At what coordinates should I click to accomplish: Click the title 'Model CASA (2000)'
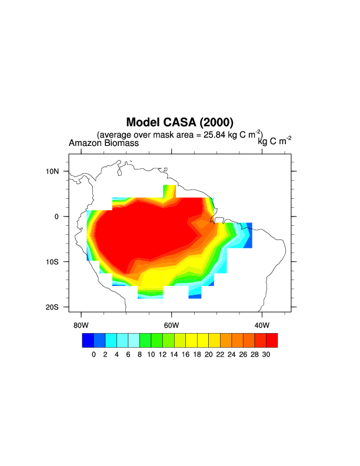(179, 122)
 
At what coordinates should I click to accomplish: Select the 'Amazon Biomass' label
(104, 143)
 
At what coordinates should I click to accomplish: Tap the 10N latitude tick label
(54, 171)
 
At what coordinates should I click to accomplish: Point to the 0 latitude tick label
(57, 217)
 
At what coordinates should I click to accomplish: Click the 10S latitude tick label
(54, 262)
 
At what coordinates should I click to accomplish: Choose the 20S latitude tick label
(54, 307)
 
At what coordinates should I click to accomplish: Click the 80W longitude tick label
(81, 325)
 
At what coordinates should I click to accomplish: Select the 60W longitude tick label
(171, 325)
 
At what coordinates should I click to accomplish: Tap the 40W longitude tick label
(262, 325)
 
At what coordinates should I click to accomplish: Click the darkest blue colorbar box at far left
(88, 340)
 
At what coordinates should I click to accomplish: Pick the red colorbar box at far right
(272, 340)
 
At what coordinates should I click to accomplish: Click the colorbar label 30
(266, 354)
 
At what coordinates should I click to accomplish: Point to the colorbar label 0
(94, 354)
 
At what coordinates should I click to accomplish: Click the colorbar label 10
(151, 354)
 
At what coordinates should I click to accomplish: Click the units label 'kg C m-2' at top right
(274, 140)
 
